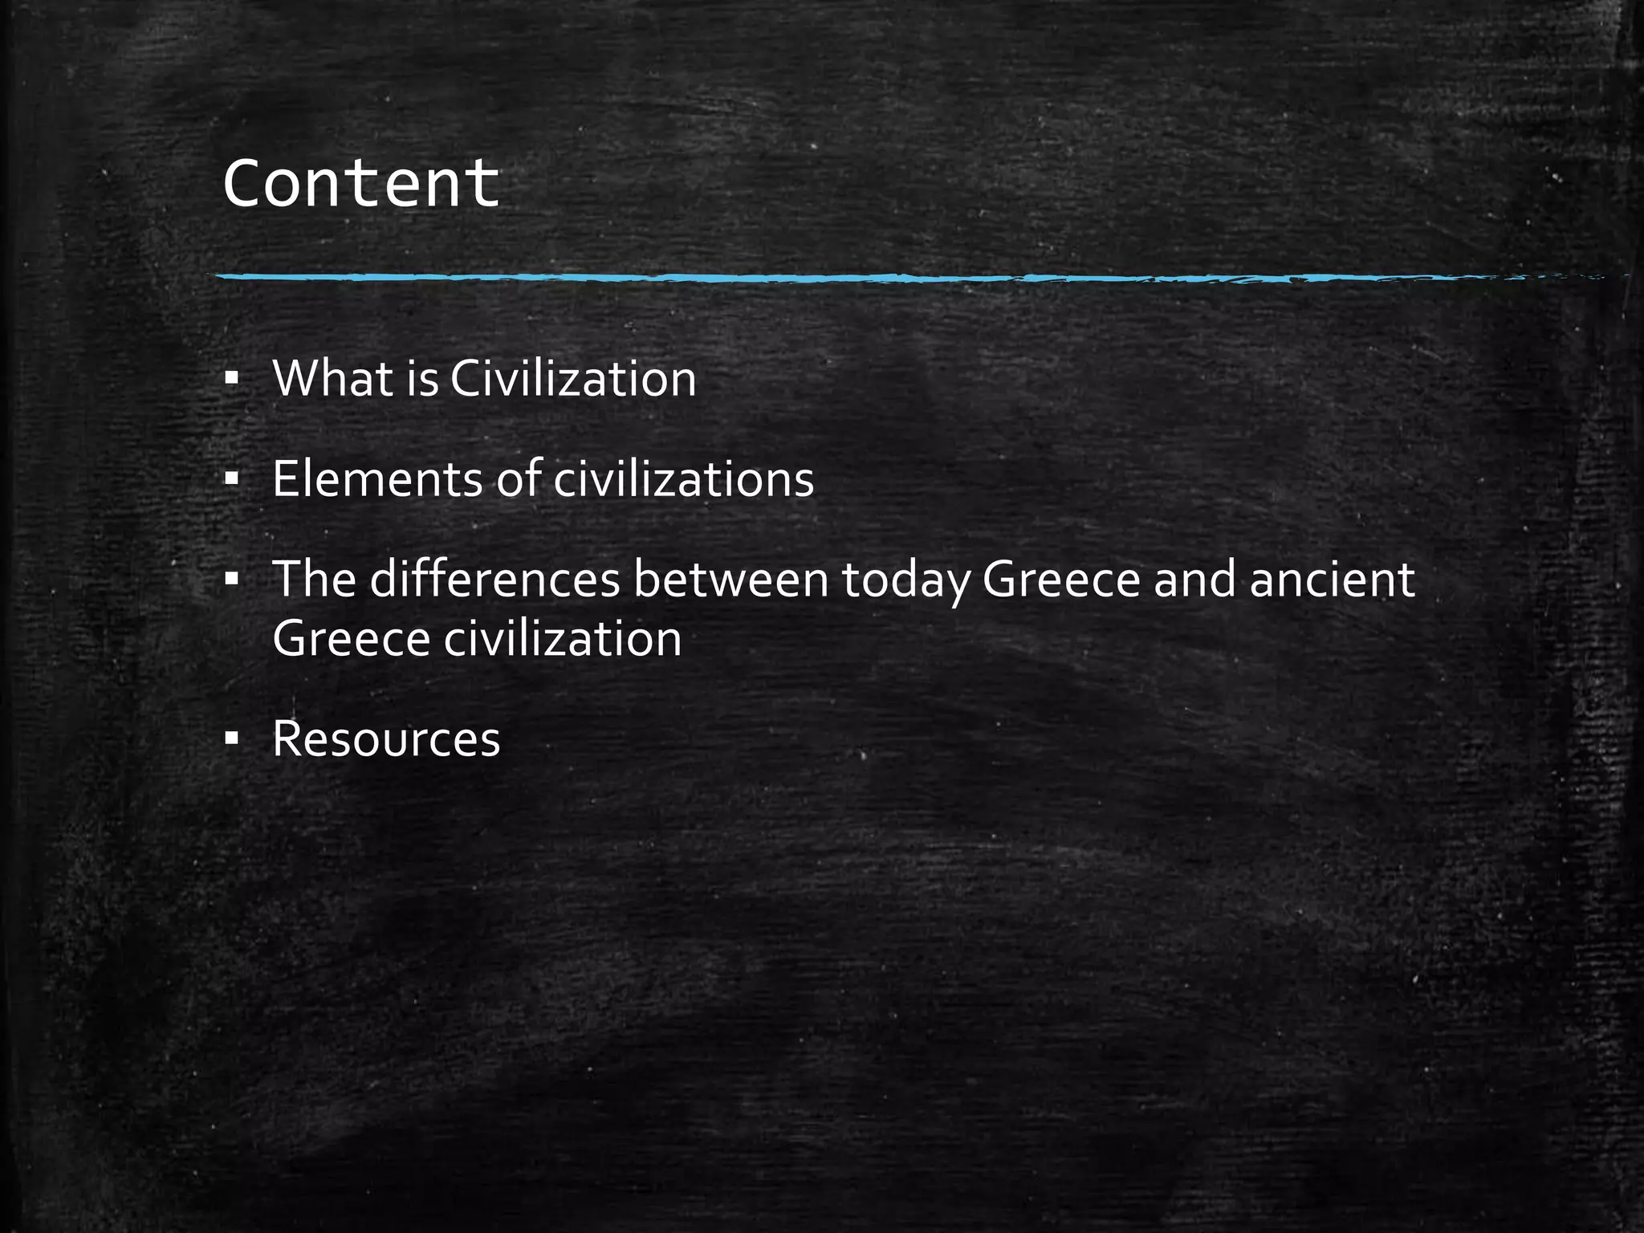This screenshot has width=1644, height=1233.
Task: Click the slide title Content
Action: coord(361,184)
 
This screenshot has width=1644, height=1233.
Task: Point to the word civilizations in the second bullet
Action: coord(684,479)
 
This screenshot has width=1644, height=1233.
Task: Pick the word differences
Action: coord(494,579)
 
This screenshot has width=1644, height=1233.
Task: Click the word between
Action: coord(730,579)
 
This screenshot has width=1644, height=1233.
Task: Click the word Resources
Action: coord(386,739)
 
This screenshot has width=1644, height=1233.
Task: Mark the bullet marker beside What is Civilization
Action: coord(232,379)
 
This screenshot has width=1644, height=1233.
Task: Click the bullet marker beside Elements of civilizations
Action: coord(232,480)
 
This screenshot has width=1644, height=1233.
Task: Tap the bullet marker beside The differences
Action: coord(232,580)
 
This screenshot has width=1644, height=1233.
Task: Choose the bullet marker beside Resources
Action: coord(232,740)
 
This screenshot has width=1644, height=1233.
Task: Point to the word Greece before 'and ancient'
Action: coord(1061,579)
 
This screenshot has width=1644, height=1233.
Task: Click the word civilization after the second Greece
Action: coord(563,640)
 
